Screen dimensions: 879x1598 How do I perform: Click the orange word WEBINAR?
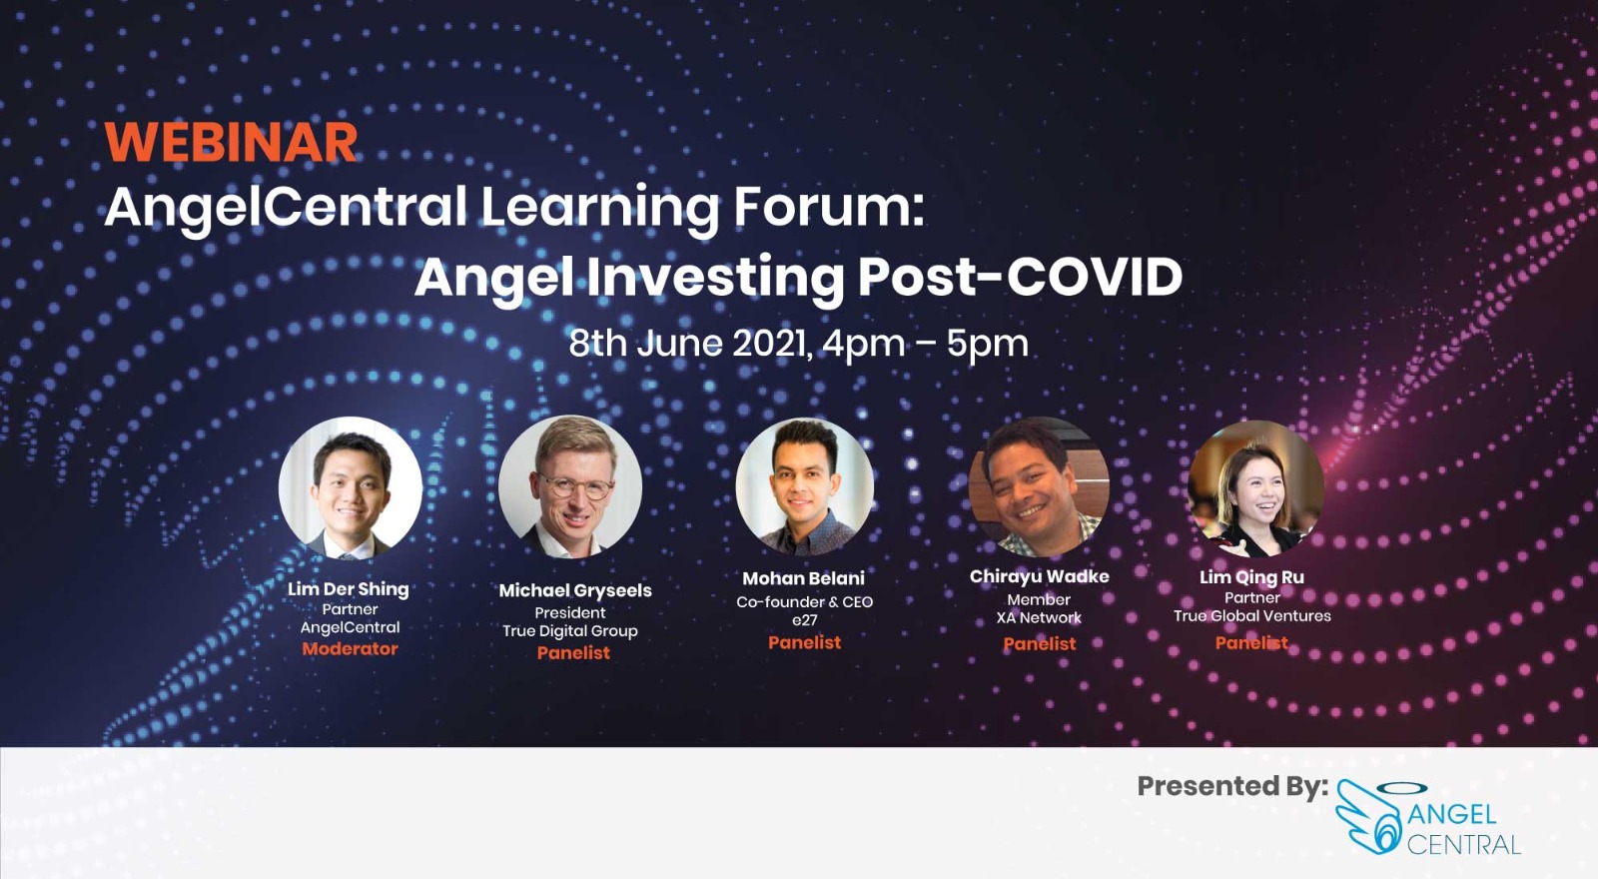(231, 142)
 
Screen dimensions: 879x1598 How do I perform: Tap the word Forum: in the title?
(828, 207)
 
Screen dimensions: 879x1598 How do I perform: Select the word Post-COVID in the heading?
(1020, 277)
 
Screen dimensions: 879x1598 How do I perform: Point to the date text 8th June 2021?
(687, 344)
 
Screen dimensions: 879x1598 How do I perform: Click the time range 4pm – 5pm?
(925, 344)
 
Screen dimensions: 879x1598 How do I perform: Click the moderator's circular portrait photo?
(350, 487)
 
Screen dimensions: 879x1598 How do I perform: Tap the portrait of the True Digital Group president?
(570, 486)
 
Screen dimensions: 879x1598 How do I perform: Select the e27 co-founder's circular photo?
(804, 486)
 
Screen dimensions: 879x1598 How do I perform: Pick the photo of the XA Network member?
(1039, 486)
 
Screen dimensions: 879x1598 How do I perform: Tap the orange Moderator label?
(350, 648)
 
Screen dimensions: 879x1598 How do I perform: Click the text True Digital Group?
(569, 631)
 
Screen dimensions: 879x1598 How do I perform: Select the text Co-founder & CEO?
(804, 601)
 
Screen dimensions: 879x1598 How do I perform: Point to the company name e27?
(804, 620)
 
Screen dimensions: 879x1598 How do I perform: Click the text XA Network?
(1039, 618)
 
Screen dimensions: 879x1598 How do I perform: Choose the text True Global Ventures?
(1251, 616)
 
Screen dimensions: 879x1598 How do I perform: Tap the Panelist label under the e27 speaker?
(804, 642)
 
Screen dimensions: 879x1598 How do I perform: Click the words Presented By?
(1231, 786)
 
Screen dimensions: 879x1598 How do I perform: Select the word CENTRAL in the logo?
(1463, 845)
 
